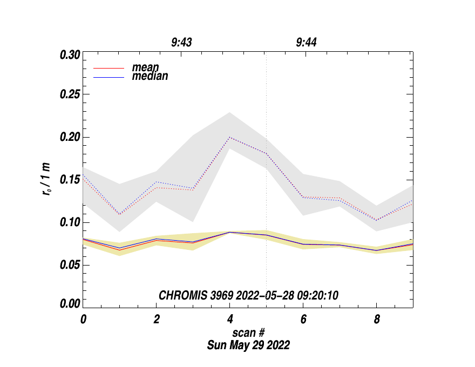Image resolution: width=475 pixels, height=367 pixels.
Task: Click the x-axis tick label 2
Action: (x=157, y=319)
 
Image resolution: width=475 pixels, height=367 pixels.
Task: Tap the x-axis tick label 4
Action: (x=230, y=319)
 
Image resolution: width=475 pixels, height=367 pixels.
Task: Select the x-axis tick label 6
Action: (x=303, y=319)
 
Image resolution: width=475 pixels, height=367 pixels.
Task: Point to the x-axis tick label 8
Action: (x=377, y=319)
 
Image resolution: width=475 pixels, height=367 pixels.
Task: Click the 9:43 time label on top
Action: (x=182, y=42)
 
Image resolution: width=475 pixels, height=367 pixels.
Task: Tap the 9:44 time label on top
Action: (x=306, y=42)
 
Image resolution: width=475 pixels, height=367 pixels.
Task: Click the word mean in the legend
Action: (x=146, y=68)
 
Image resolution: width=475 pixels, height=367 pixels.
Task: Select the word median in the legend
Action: (x=150, y=77)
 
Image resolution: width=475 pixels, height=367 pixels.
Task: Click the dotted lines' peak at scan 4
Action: (x=230, y=137)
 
